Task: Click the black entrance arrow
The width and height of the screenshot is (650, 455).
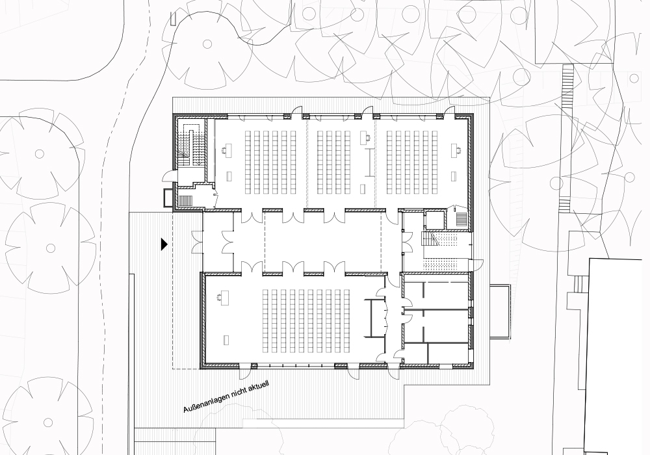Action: [164, 244]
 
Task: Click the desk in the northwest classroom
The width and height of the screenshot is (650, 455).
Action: [226, 149]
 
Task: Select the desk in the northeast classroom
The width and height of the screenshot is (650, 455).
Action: [456, 149]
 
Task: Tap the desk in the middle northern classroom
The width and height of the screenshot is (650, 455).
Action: [365, 137]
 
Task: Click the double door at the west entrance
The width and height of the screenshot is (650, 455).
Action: [197, 242]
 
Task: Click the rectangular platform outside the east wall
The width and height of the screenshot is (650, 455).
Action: [499, 311]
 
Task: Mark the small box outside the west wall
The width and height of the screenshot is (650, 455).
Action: [168, 198]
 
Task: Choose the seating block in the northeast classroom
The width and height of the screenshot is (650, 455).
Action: [412, 162]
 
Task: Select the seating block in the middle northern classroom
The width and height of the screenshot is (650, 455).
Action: [335, 162]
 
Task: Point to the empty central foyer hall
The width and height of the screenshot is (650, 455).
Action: [323, 242]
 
